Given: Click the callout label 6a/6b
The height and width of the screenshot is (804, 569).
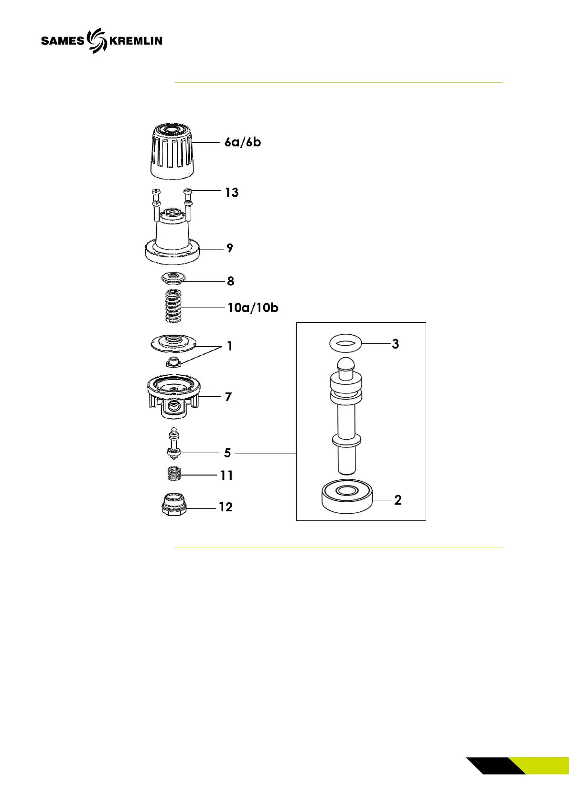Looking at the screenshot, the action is pos(243,142).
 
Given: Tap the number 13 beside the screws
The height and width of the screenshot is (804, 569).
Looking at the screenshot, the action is pos(232,192).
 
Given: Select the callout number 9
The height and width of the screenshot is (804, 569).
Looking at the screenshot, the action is pos(230,248).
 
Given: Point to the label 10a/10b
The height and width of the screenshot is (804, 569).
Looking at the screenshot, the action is pos(253,307).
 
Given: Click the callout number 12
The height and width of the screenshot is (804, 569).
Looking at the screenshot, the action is pos(225,507).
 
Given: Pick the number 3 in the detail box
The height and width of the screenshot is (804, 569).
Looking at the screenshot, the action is pos(395,344).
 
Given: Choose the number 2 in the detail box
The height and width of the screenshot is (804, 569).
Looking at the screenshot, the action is pos(397,500).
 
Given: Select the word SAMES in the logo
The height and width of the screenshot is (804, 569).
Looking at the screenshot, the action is pos(63,41).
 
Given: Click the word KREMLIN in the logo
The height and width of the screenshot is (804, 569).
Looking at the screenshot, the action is pos(136,41).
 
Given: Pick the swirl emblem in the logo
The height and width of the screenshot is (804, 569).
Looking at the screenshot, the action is pos(97,40).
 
